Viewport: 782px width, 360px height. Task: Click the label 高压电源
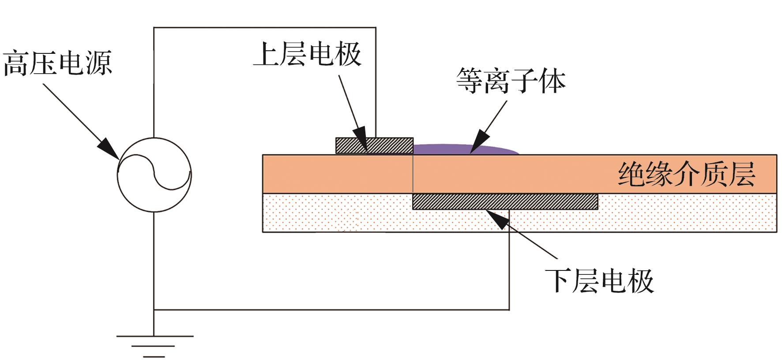tap(57, 63)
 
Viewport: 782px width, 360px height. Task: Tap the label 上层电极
tap(307, 55)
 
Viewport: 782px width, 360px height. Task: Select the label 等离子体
tap(511, 81)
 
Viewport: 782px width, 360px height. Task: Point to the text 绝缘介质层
tap(687, 174)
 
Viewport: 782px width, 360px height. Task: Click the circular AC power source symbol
tap(154, 174)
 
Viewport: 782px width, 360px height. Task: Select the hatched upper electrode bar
tap(374, 146)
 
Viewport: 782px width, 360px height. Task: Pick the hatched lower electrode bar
tap(505, 202)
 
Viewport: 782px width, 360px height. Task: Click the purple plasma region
tap(463, 150)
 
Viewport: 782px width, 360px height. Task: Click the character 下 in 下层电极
tap(560, 281)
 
